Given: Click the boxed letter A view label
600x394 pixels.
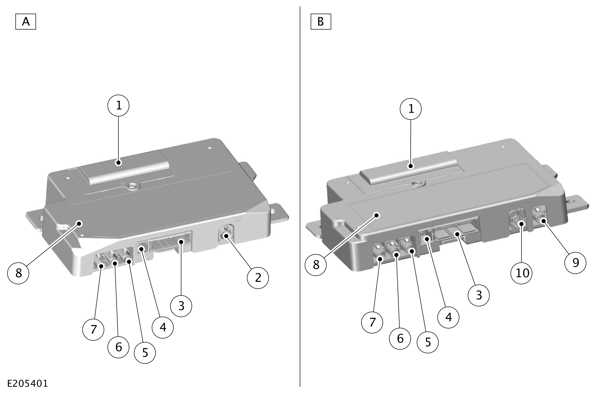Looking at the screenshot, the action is pyautogui.click(x=26, y=22).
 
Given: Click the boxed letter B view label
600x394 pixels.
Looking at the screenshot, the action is pyautogui.click(x=321, y=22).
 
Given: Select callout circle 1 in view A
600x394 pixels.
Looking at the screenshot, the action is pyautogui.click(x=118, y=106).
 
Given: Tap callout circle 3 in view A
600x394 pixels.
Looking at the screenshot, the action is pyautogui.click(x=181, y=306).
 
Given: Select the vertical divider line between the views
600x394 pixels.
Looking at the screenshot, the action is pyautogui.click(x=300, y=196).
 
